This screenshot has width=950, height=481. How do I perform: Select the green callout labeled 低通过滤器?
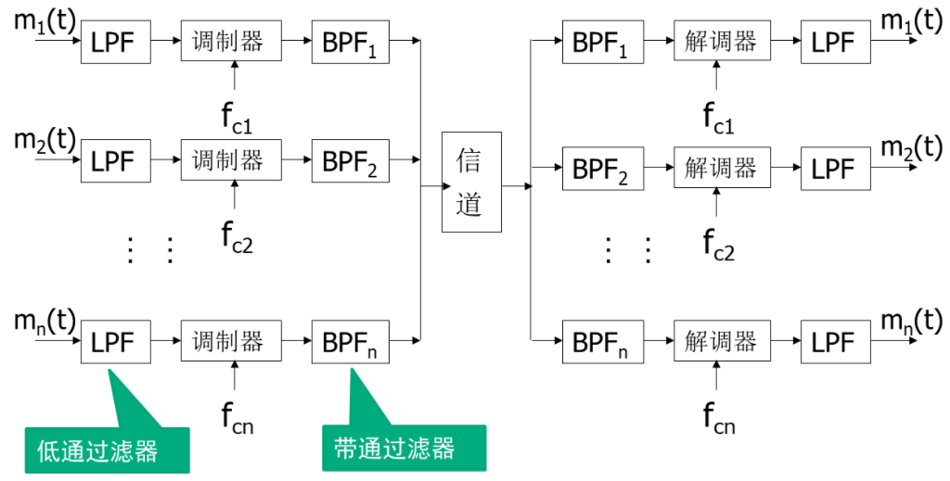(107, 449)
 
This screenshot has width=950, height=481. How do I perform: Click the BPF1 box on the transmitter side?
(350, 42)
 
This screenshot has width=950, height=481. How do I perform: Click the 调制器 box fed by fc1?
(228, 42)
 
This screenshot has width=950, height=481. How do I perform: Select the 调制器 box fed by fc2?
(228, 161)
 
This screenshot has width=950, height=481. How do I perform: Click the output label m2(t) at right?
(911, 146)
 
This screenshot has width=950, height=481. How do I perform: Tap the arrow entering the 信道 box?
(431, 186)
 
